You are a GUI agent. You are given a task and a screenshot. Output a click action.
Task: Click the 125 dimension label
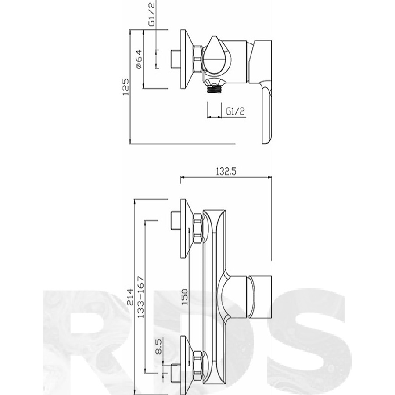coord(126,87)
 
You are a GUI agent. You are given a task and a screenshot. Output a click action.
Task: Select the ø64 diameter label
coord(139,59)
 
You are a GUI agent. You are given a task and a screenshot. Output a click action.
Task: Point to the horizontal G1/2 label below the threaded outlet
coord(236,111)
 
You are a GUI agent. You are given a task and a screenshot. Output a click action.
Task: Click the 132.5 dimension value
coord(226,172)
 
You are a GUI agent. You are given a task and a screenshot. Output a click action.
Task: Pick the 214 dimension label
coord(130,297)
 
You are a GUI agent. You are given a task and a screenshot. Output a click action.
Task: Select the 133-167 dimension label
coord(141,297)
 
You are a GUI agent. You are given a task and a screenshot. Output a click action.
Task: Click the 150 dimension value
coord(185,297)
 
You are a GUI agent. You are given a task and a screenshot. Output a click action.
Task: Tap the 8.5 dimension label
coord(159,347)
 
